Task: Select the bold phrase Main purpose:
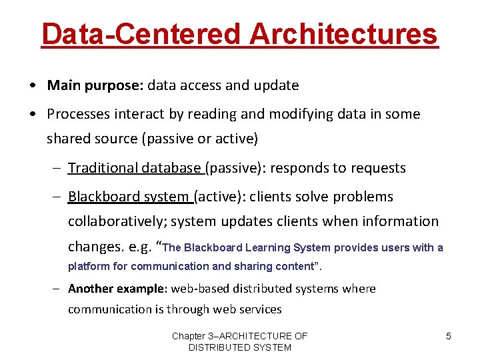pyautogui.click(x=95, y=85)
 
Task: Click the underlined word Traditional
pyautogui.click(x=102, y=168)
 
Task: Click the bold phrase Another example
pyautogui.click(x=117, y=289)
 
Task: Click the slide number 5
pyautogui.click(x=448, y=336)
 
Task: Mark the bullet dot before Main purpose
pyautogui.click(x=33, y=86)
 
